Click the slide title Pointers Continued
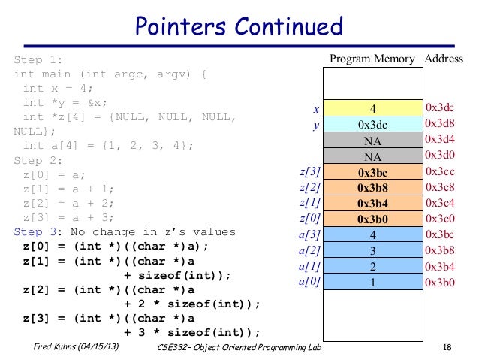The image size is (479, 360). point(239,28)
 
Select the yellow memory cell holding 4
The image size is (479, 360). point(372,109)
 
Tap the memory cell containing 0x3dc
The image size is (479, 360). point(372,125)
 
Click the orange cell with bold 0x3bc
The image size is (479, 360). point(372,172)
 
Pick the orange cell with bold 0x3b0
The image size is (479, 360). point(372,219)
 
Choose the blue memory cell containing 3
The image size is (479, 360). point(372,251)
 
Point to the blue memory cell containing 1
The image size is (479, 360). point(372,283)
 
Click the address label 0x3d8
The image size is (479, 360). point(441,124)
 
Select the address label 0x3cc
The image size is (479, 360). point(441,171)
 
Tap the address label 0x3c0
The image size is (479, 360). point(441,219)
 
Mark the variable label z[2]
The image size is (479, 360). point(310,188)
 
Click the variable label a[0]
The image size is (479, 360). point(310,282)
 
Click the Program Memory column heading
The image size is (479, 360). point(372,59)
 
